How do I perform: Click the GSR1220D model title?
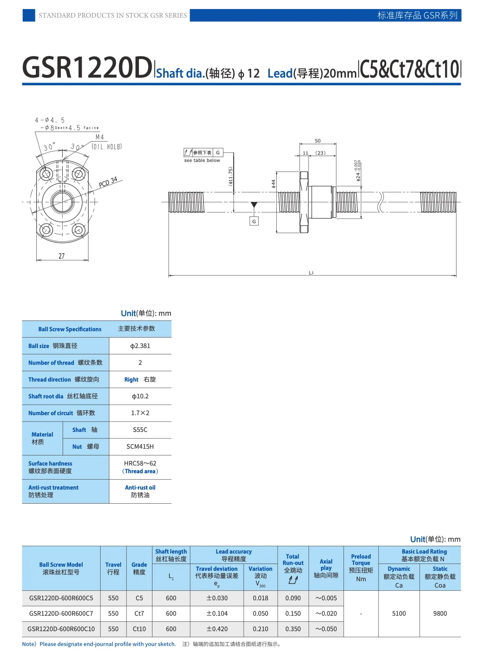click(87, 68)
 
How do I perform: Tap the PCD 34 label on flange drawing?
click(108, 182)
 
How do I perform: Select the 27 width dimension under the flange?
click(61, 256)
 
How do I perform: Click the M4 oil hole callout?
click(99, 137)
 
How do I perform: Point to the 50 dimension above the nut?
click(318, 141)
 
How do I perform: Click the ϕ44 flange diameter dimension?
click(273, 183)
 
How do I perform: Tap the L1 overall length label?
click(311, 273)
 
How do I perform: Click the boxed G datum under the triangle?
click(254, 221)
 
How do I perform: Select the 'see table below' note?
click(202, 160)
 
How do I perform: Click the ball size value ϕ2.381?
click(140, 346)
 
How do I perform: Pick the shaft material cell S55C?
click(140, 430)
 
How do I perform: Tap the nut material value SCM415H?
click(140, 446)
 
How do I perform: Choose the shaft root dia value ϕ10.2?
click(140, 396)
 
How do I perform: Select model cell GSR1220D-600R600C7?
click(61, 613)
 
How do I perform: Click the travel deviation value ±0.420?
click(217, 629)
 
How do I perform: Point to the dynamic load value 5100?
click(399, 613)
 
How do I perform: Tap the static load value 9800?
click(440, 613)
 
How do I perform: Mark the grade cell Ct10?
click(139, 629)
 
